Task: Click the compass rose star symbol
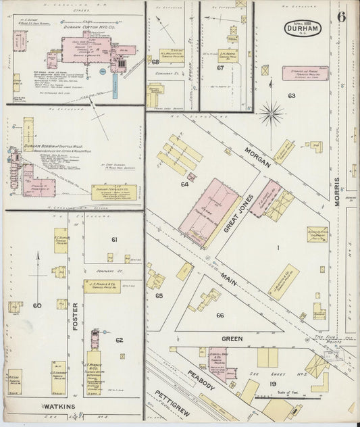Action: point(271,113)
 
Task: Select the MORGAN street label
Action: point(257,162)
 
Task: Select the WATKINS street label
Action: point(59,406)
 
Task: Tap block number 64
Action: point(184,183)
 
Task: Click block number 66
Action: point(220,315)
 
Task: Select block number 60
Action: point(36,305)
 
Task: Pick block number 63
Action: point(291,96)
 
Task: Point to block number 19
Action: point(274,383)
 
